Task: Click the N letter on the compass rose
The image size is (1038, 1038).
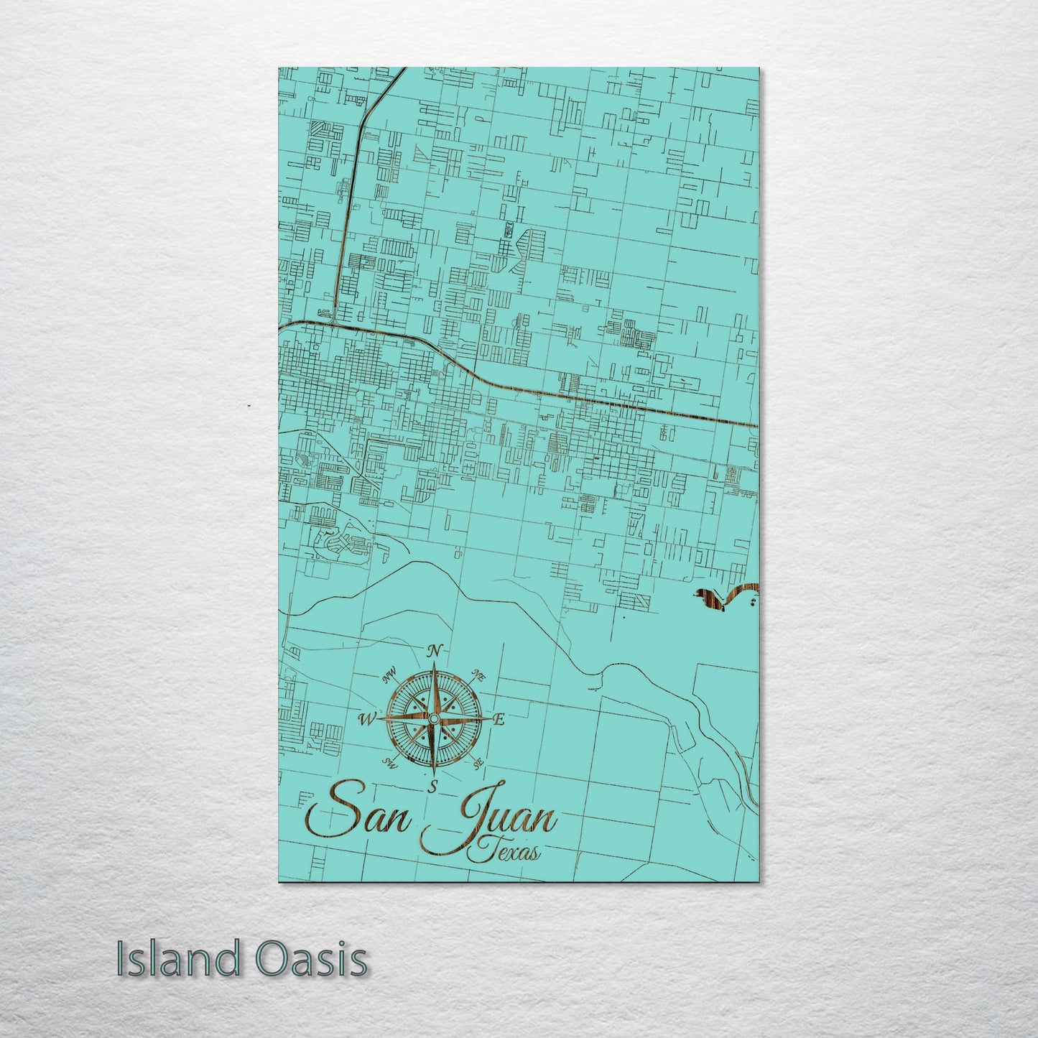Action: [x=433, y=652]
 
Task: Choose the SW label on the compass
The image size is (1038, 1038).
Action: [x=390, y=762]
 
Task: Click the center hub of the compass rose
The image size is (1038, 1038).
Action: [x=433, y=718]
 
